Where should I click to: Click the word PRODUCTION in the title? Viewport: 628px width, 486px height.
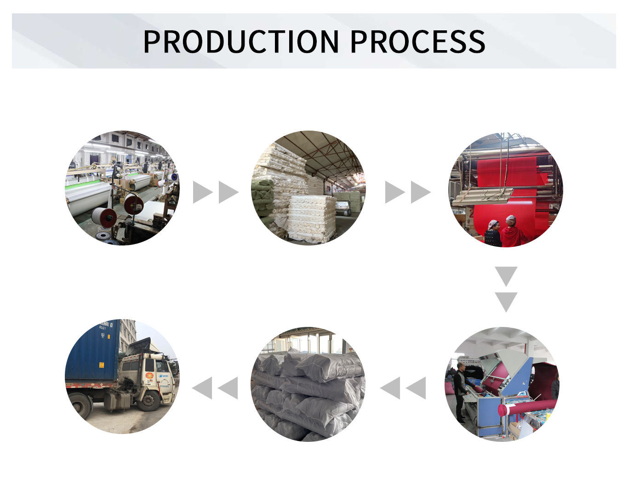click(241, 42)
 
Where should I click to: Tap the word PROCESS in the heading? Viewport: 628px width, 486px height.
click(417, 42)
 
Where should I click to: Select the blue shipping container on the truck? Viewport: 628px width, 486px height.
click(92, 352)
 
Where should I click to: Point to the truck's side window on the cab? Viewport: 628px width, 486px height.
click(162, 366)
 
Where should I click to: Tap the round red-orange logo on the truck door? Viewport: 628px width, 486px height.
click(149, 376)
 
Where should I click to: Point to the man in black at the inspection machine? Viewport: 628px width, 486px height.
click(460, 391)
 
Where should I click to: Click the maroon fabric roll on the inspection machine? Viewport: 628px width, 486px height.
click(529, 406)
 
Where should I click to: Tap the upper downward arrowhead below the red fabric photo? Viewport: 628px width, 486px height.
click(506, 276)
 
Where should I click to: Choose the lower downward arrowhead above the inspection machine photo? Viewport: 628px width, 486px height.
click(506, 302)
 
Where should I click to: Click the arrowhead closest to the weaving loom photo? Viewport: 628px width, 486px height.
click(202, 192)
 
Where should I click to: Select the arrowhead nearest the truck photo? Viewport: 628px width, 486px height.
click(202, 388)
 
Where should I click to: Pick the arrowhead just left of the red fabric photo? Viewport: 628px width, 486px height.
click(420, 192)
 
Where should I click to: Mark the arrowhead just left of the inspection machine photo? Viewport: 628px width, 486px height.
click(417, 388)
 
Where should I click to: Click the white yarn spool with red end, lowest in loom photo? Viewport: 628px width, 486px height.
click(104, 217)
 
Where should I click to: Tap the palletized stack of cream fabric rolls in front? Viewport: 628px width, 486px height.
click(312, 217)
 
